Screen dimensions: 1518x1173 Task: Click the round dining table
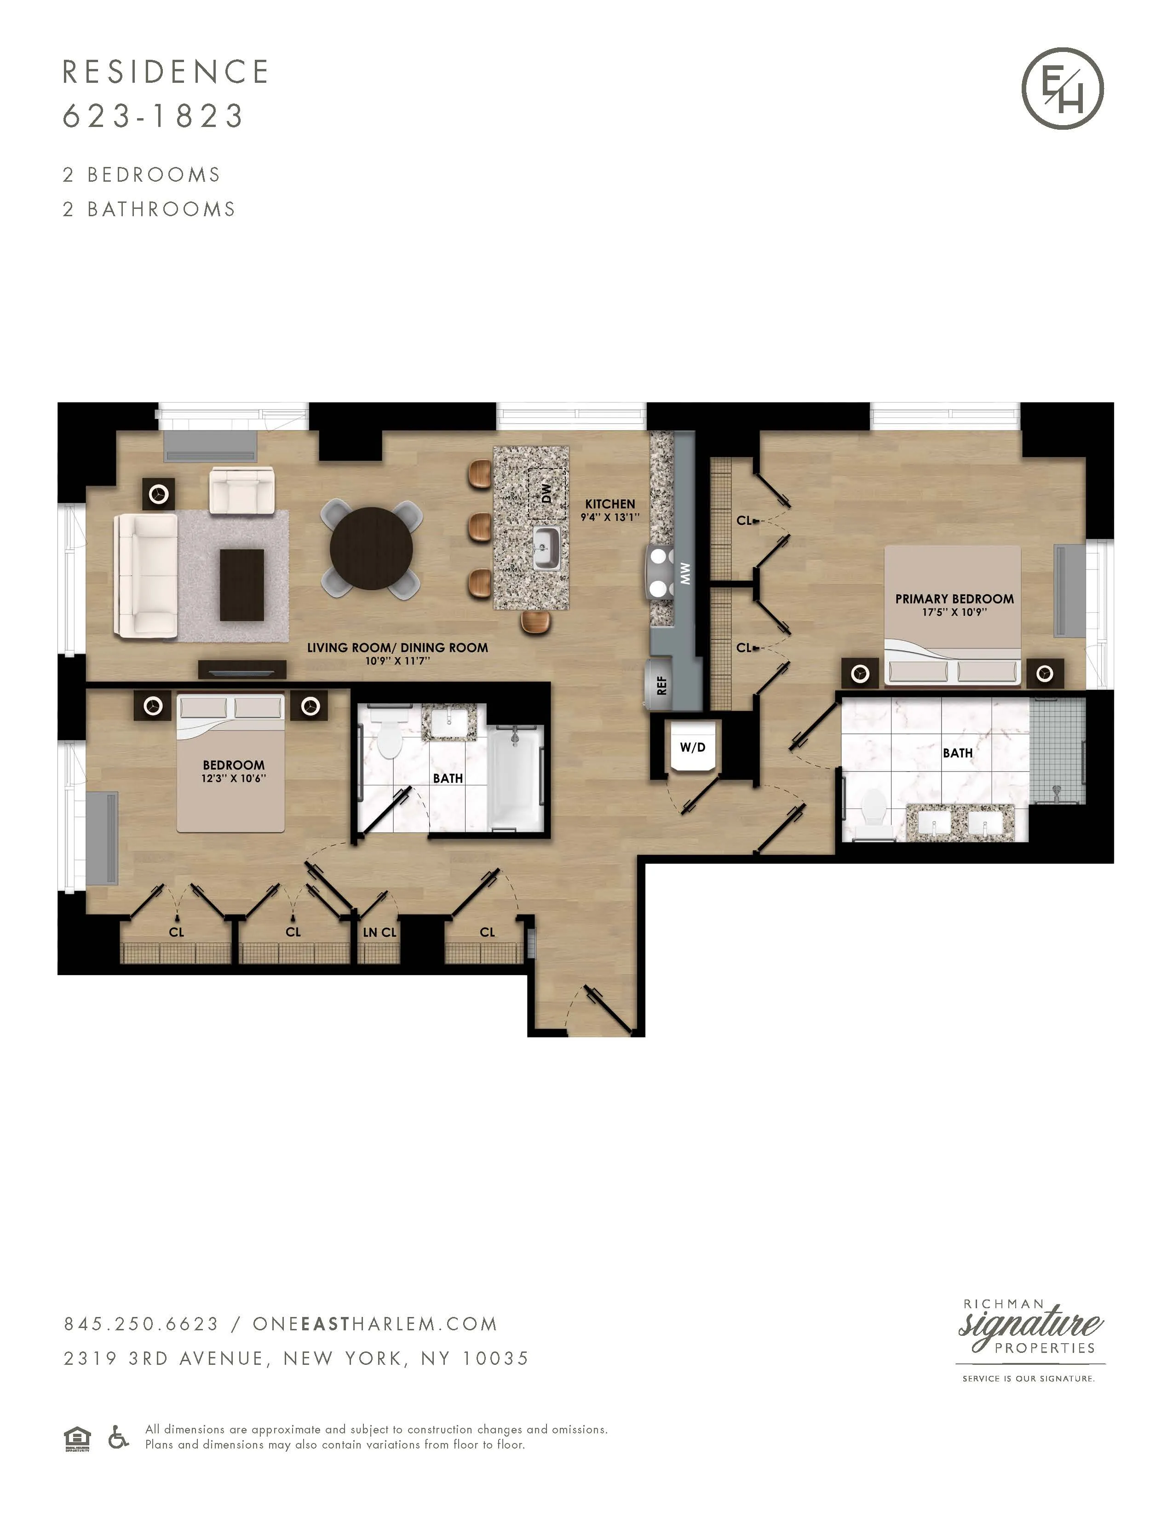click(371, 549)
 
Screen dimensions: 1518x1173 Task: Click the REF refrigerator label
click(661, 685)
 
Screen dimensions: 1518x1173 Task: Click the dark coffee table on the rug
click(242, 585)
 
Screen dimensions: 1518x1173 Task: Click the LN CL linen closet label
click(379, 932)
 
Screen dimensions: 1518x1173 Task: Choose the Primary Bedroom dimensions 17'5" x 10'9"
click(954, 612)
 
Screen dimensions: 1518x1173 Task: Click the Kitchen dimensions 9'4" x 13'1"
click(609, 517)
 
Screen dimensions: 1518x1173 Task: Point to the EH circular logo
click(1063, 88)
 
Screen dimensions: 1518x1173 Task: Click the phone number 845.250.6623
click(141, 1324)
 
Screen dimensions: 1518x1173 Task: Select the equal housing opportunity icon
click(77, 1438)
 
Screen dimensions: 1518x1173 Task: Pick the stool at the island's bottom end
click(536, 621)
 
